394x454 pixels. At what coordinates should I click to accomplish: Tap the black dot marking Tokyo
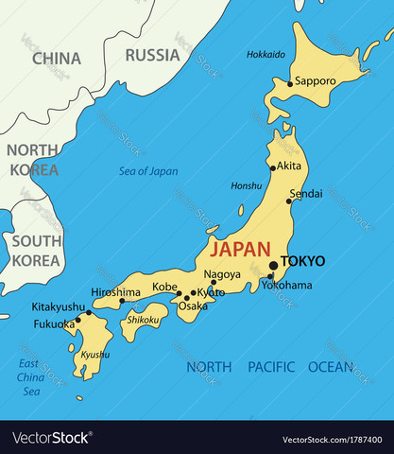(273, 266)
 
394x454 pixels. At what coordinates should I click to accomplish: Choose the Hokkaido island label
(266, 54)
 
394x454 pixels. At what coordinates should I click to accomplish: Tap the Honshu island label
(247, 185)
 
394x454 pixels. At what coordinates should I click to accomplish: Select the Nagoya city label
(222, 274)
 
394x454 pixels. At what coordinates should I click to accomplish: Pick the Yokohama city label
(286, 285)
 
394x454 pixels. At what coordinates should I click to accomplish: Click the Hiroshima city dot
(121, 301)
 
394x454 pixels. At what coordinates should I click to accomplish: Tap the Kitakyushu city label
(59, 306)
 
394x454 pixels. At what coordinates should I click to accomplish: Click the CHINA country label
(57, 59)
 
